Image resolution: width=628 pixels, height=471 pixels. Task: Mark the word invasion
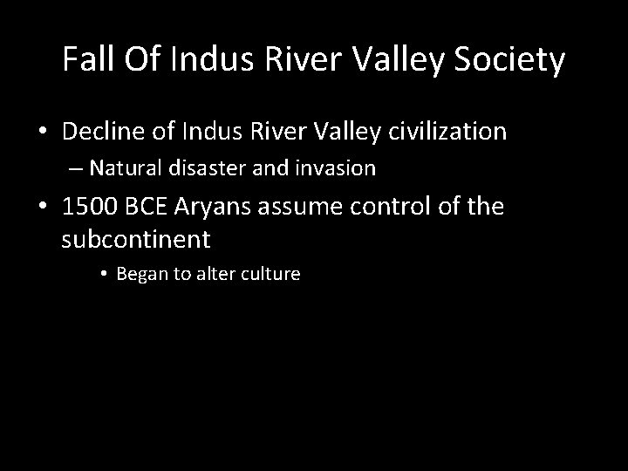(340, 168)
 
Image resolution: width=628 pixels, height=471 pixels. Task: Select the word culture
(271, 274)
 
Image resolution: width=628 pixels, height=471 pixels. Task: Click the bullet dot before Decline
(42, 133)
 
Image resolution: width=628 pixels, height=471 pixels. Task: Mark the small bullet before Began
(103, 274)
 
